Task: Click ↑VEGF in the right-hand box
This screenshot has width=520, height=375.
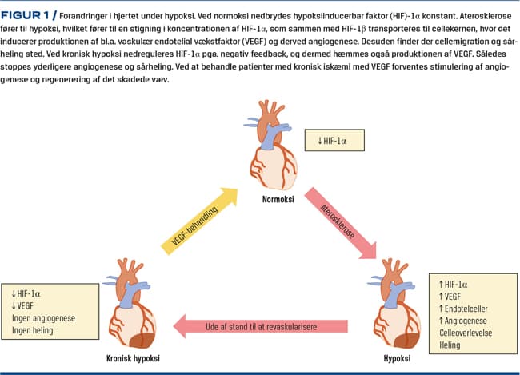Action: tap(454, 295)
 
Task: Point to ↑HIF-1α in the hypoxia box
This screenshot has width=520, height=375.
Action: tap(457, 283)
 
